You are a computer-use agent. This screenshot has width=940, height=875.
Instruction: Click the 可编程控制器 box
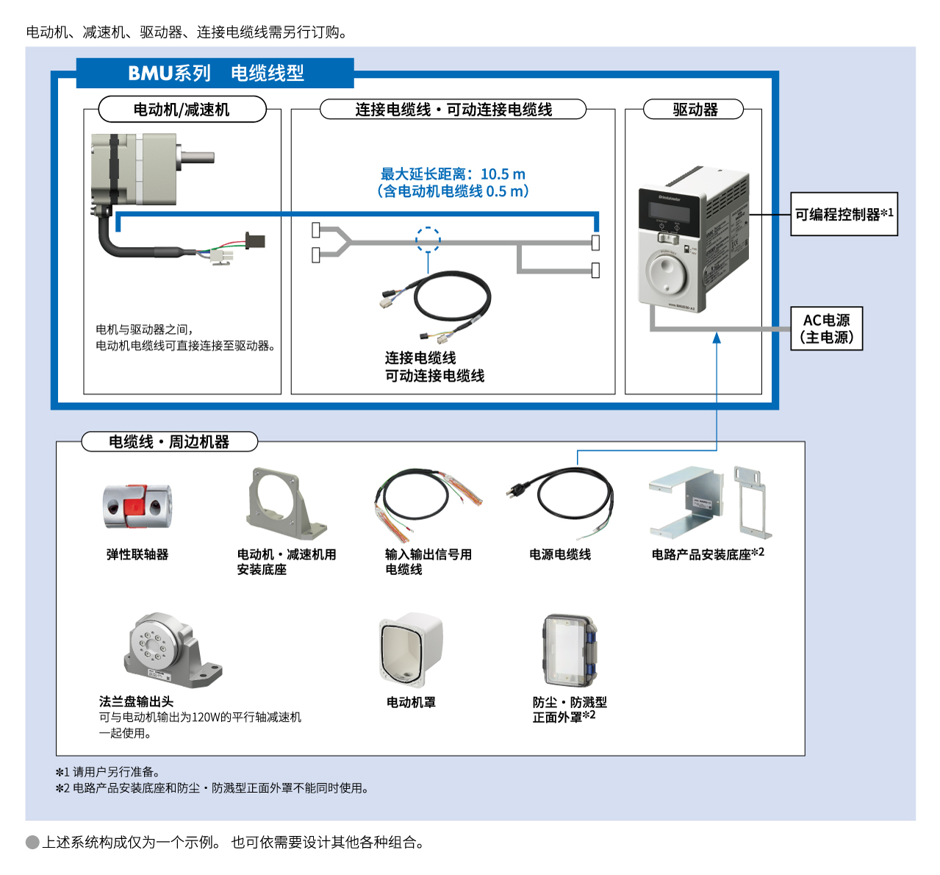coord(844,214)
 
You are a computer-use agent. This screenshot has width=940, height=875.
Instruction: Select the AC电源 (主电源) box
coord(826,329)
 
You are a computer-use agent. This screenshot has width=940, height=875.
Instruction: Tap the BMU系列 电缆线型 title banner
coord(215,73)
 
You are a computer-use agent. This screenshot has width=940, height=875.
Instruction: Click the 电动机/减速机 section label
coord(182,110)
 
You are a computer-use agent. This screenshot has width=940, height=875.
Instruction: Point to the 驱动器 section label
coord(695,110)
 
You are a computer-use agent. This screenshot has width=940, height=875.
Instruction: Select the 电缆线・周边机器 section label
coord(169,442)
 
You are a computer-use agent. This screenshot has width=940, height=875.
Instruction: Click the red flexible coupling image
coord(137,507)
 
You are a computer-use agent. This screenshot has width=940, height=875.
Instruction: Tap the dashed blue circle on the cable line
coord(428,240)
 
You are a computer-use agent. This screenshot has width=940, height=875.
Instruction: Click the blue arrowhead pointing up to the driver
coord(717,337)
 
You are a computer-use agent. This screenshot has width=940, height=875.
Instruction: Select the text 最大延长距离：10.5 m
coord(453,174)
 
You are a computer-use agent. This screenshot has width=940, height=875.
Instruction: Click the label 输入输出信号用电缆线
coord(428,562)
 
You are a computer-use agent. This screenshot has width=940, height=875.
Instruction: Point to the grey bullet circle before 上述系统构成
coord(32,843)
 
